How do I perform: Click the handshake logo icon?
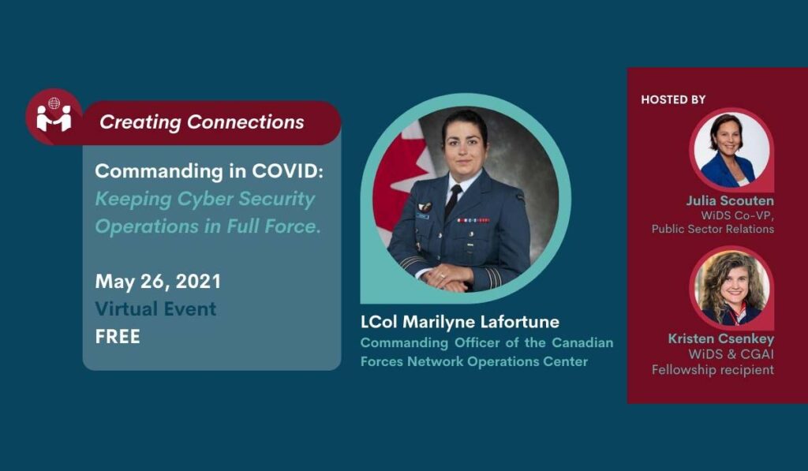54,116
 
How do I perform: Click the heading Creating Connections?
201,122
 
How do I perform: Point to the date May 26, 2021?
158,282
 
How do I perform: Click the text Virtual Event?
155,308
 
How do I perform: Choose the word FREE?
118,337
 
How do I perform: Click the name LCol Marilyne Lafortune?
460,322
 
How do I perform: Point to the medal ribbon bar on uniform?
473,220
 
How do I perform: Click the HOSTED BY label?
673,99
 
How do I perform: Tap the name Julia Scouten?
730,200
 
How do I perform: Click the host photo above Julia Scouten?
731,149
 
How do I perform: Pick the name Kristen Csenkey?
721,338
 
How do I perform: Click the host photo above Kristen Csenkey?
731,287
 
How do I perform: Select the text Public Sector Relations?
713,229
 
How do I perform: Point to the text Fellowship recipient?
713,370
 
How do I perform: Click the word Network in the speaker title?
435,361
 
